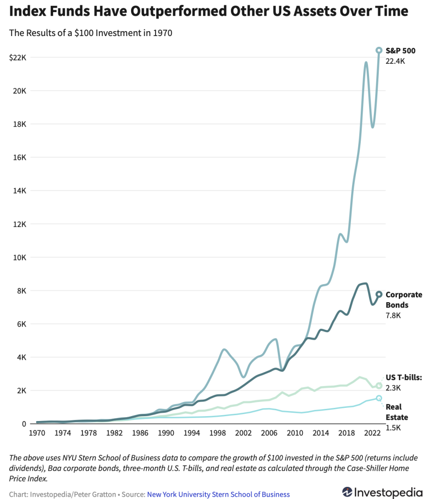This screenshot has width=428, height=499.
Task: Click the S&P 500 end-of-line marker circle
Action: (x=379, y=50)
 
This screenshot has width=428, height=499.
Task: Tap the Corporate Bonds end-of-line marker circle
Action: (x=379, y=294)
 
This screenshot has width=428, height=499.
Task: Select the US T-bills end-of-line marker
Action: (x=379, y=385)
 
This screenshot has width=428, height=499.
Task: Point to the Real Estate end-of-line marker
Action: (x=379, y=398)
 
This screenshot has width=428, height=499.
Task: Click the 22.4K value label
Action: (x=395, y=61)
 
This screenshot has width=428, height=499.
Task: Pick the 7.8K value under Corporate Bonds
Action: (x=393, y=316)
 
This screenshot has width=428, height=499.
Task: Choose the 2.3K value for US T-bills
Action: (x=393, y=388)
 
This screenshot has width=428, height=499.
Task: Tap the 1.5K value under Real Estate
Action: (x=393, y=428)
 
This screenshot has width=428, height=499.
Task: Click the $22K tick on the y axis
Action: (x=18, y=58)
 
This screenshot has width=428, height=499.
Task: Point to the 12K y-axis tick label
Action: (x=19, y=224)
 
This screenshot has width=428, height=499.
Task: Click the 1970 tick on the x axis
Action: (x=37, y=432)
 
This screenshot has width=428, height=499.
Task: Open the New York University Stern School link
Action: (x=218, y=494)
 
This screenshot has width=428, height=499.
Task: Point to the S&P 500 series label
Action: (x=400, y=50)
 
